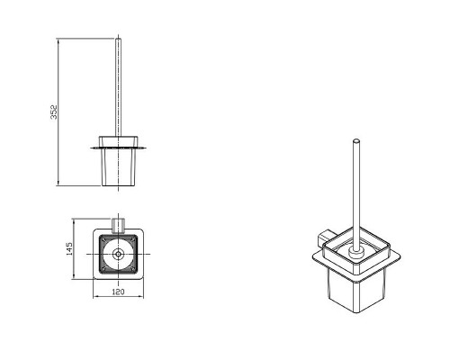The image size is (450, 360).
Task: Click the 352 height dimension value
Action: [54, 112]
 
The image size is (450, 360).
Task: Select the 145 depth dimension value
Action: [69, 248]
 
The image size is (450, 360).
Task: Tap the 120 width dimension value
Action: [118, 292]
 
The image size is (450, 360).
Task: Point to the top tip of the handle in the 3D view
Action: [356, 140]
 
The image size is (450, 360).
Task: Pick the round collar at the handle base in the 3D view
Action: [355, 253]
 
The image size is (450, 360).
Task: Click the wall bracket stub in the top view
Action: [118, 226]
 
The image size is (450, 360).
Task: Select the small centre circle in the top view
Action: [118, 254]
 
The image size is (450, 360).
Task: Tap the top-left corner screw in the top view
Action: [104, 239]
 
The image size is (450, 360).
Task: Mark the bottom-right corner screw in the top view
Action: [132, 269]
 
